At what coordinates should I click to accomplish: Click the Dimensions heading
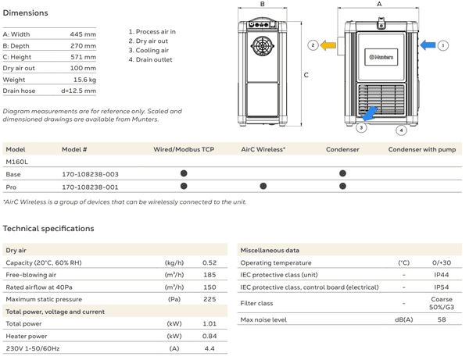click(x=26, y=13)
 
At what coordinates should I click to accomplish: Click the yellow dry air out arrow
click(x=327, y=46)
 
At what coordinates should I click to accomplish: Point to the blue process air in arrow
click(x=428, y=46)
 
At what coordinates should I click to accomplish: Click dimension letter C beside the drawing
click(x=306, y=75)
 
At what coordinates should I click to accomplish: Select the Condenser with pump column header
click(x=421, y=148)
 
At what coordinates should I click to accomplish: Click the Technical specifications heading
click(x=48, y=229)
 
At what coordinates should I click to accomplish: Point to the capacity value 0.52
click(x=209, y=262)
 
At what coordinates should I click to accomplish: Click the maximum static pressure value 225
click(x=209, y=299)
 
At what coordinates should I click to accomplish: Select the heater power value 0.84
click(x=209, y=336)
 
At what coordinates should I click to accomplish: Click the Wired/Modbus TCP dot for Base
click(x=184, y=173)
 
